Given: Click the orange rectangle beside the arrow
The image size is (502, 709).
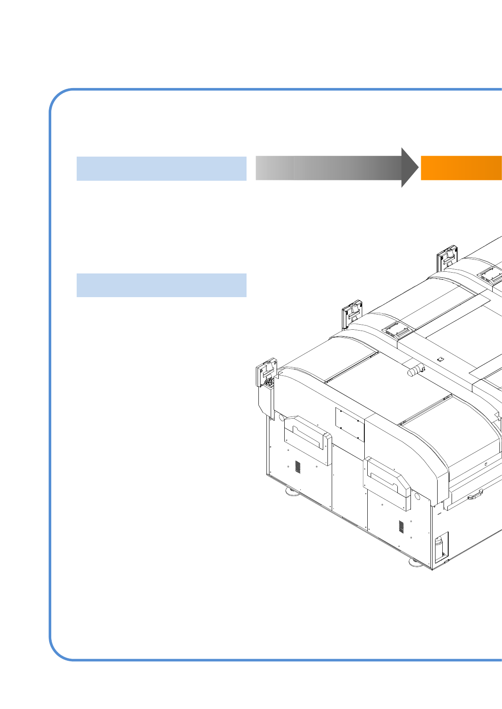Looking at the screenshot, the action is click(461, 168).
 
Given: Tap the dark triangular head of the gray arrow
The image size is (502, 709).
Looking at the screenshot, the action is click(409, 168).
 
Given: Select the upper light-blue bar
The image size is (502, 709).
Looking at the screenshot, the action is click(161, 168).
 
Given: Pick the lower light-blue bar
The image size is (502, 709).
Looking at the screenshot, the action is click(161, 285).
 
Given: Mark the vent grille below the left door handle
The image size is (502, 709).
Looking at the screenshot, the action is click(298, 467).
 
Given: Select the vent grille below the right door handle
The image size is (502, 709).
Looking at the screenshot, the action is click(401, 527).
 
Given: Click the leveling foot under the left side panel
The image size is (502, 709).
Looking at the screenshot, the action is click(291, 491).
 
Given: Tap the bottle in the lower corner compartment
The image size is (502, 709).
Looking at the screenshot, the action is click(439, 547).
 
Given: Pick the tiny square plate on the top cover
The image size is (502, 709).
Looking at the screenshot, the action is click(440, 359).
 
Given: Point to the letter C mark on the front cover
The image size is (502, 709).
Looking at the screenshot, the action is click(486, 464).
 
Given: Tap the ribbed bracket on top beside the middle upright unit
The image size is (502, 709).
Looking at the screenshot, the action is click(397, 330).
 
